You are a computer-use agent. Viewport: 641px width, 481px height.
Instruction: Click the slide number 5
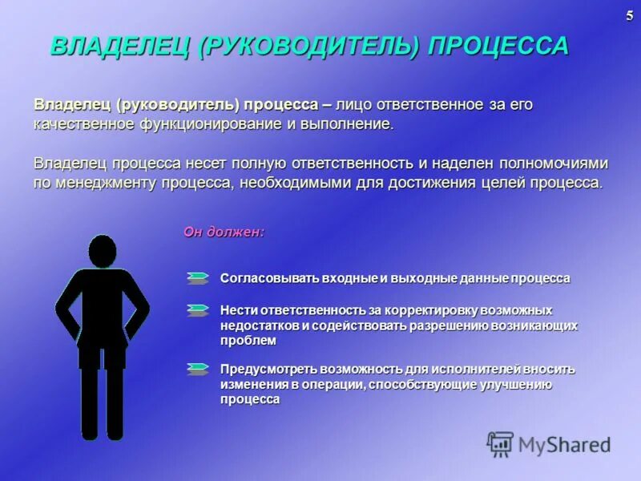[x=629, y=17]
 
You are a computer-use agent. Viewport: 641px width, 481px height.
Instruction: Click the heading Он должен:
[x=224, y=232]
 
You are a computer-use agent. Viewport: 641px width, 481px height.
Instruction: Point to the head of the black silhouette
[x=102, y=251]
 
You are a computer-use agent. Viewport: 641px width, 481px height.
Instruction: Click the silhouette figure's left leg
[x=89, y=401]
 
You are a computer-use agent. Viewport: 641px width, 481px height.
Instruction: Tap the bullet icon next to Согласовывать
[x=197, y=278]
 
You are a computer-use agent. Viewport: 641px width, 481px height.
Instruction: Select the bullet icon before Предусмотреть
[x=197, y=369]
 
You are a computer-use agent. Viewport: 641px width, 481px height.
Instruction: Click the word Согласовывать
[x=269, y=278]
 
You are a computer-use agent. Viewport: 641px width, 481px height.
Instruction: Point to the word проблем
[x=248, y=340]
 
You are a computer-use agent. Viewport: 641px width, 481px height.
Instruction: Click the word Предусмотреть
[x=269, y=370]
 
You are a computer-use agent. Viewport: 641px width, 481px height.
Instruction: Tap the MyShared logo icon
[x=501, y=444]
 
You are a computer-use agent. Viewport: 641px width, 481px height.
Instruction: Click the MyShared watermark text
[x=564, y=445]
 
